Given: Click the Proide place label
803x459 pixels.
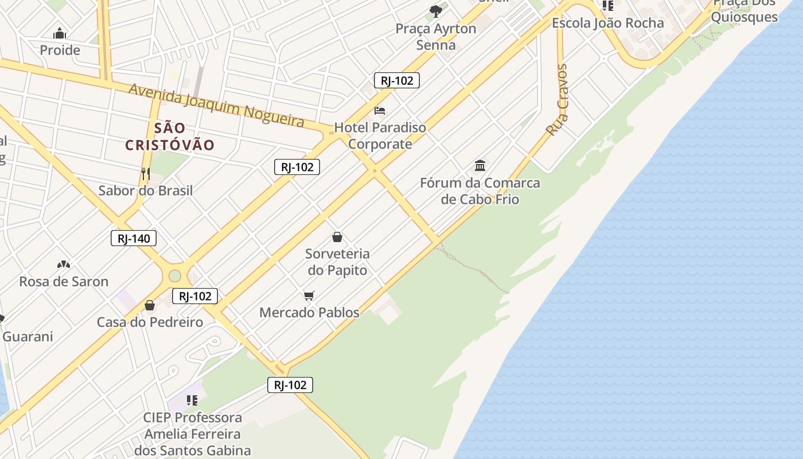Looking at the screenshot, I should coord(60,50).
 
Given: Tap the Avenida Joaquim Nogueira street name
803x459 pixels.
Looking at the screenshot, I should coord(216,105).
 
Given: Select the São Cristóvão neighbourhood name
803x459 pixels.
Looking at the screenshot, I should coord(170,137).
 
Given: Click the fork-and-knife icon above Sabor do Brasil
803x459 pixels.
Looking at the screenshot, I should coord(146,173).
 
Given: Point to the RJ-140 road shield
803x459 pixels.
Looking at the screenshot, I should coord(134,238).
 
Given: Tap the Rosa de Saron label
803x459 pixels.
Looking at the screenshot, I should coord(64,282).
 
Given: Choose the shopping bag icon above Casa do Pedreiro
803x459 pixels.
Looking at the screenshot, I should coord(150,305).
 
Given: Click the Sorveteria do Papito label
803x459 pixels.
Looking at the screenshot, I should coord(337,262).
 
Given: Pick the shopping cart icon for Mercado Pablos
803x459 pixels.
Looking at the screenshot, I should coord(309,295).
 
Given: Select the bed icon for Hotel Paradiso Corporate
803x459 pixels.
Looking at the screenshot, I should coord(380,110).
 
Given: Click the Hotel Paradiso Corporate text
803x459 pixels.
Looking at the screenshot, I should coord(380,135).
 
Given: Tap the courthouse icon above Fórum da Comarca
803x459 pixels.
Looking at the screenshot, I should coord(480,166).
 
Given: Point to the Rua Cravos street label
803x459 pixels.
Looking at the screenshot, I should coord(558,100).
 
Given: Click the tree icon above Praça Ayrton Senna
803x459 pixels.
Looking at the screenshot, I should coord(436,11).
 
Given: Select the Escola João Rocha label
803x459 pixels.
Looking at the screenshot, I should coord(607,24).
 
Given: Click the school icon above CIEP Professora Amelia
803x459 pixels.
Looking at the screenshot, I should coord(192,400).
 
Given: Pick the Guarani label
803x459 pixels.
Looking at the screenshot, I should coord(28,337).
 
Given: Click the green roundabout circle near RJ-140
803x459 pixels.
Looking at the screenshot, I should coord(175,276).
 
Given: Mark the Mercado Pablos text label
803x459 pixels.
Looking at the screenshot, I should coord(309,313).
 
